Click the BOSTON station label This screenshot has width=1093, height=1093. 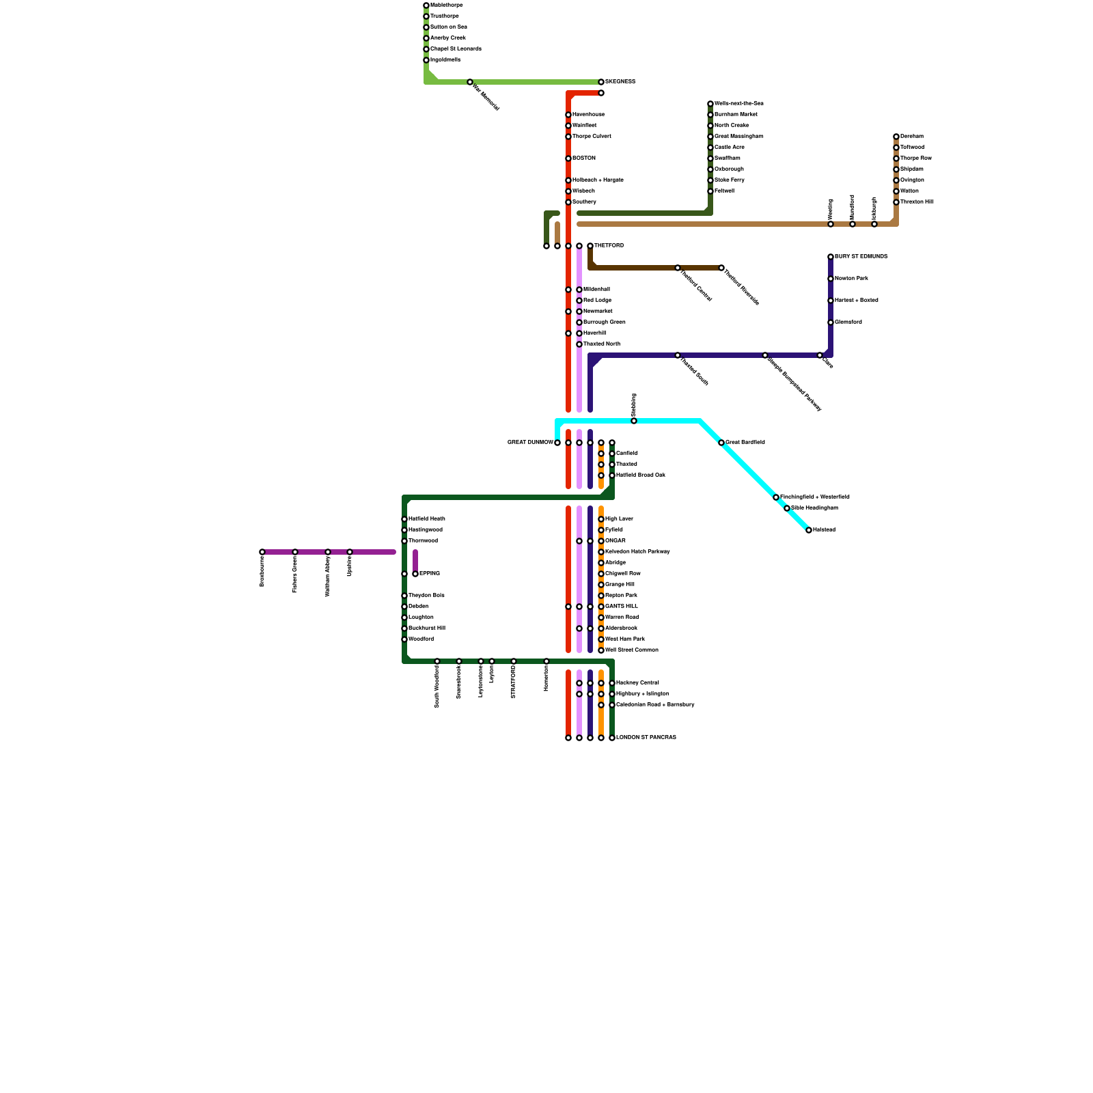[x=584, y=158]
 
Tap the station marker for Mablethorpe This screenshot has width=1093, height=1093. [x=426, y=5]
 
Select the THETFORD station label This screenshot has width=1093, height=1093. [x=609, y=246]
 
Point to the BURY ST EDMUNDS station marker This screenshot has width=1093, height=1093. [x=831, y=257]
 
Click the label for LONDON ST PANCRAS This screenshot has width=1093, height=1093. [x=646, y=738]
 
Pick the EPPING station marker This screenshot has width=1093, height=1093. [x=415, y=574]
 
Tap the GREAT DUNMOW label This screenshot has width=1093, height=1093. [x=530, y=443]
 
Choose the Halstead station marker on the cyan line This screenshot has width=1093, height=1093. [x=809, y=530]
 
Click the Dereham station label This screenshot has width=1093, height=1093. [x=912, y=137]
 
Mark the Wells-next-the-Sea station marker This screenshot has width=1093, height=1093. [x=710, y=104]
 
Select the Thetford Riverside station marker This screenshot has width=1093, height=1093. [x=721, y=268]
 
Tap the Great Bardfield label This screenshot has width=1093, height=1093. [x=745, y=443]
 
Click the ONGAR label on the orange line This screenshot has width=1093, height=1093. [x=615, y=541]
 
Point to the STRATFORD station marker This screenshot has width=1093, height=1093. [x=514, y=661]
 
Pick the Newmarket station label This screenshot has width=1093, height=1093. [x=598, y=312]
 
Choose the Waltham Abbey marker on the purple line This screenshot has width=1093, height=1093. [x=328, y=552]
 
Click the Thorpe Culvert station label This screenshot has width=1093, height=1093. [x=592, y=137]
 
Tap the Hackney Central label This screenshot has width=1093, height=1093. [x=637, y=683]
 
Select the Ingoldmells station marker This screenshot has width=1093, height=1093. [x=426, y=60]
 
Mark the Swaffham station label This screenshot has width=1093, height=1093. [x=727, y=158]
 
